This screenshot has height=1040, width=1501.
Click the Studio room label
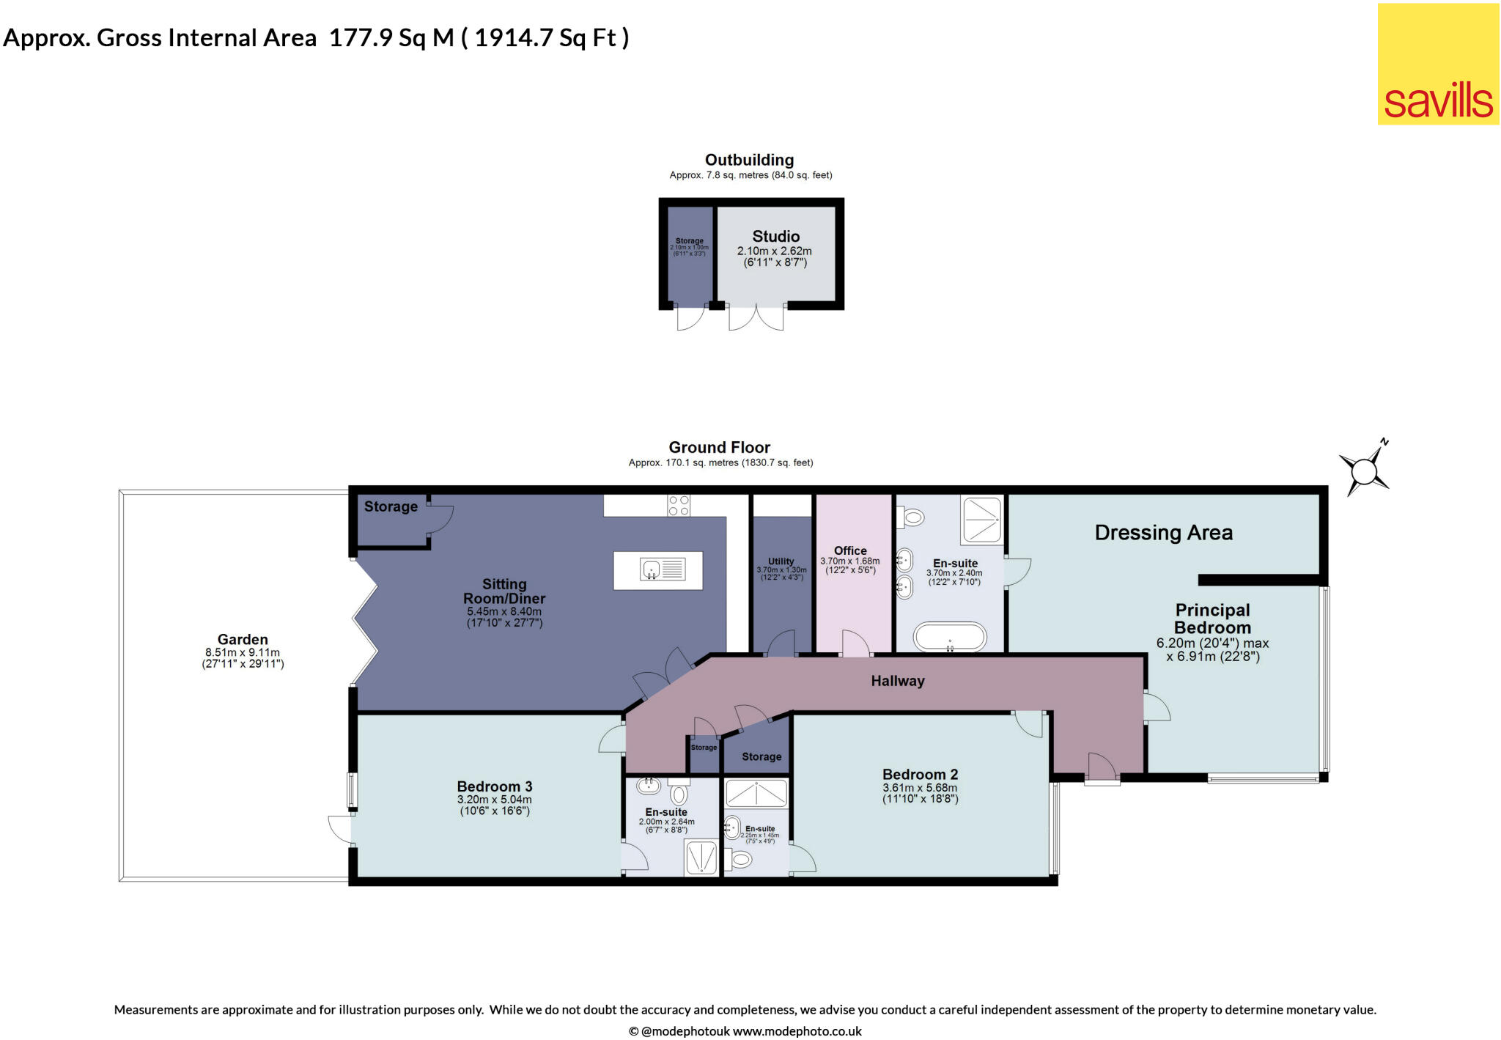point(775,237)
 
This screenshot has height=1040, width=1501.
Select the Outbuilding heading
point(749,160)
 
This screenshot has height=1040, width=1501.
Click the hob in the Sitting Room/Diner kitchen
point(678,506)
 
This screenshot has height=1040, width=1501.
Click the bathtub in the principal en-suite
point(949,637)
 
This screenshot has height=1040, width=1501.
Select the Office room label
point(850,550)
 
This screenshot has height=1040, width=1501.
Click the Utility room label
point(781,561)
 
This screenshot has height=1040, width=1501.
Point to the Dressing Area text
point(1163,533)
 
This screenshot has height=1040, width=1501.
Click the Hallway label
point(897,681)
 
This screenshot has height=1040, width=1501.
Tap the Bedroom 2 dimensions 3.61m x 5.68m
point(920,788)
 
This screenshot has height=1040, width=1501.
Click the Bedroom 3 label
point(495,786)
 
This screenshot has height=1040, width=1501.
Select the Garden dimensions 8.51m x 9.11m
point(243,652)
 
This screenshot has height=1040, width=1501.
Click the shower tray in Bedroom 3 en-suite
point(701,858)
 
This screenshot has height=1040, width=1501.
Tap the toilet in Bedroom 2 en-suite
point(740,860)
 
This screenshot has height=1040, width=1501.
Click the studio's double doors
point(756,317)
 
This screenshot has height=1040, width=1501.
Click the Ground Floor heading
point(719,447)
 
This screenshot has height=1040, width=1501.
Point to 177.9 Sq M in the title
point(391,38)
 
